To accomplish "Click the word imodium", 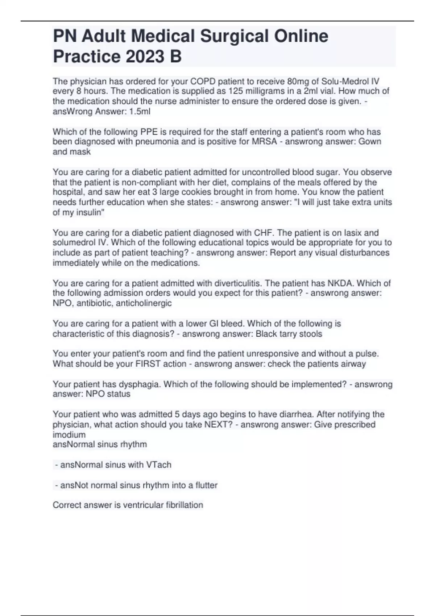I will click(x=69, y=434).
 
